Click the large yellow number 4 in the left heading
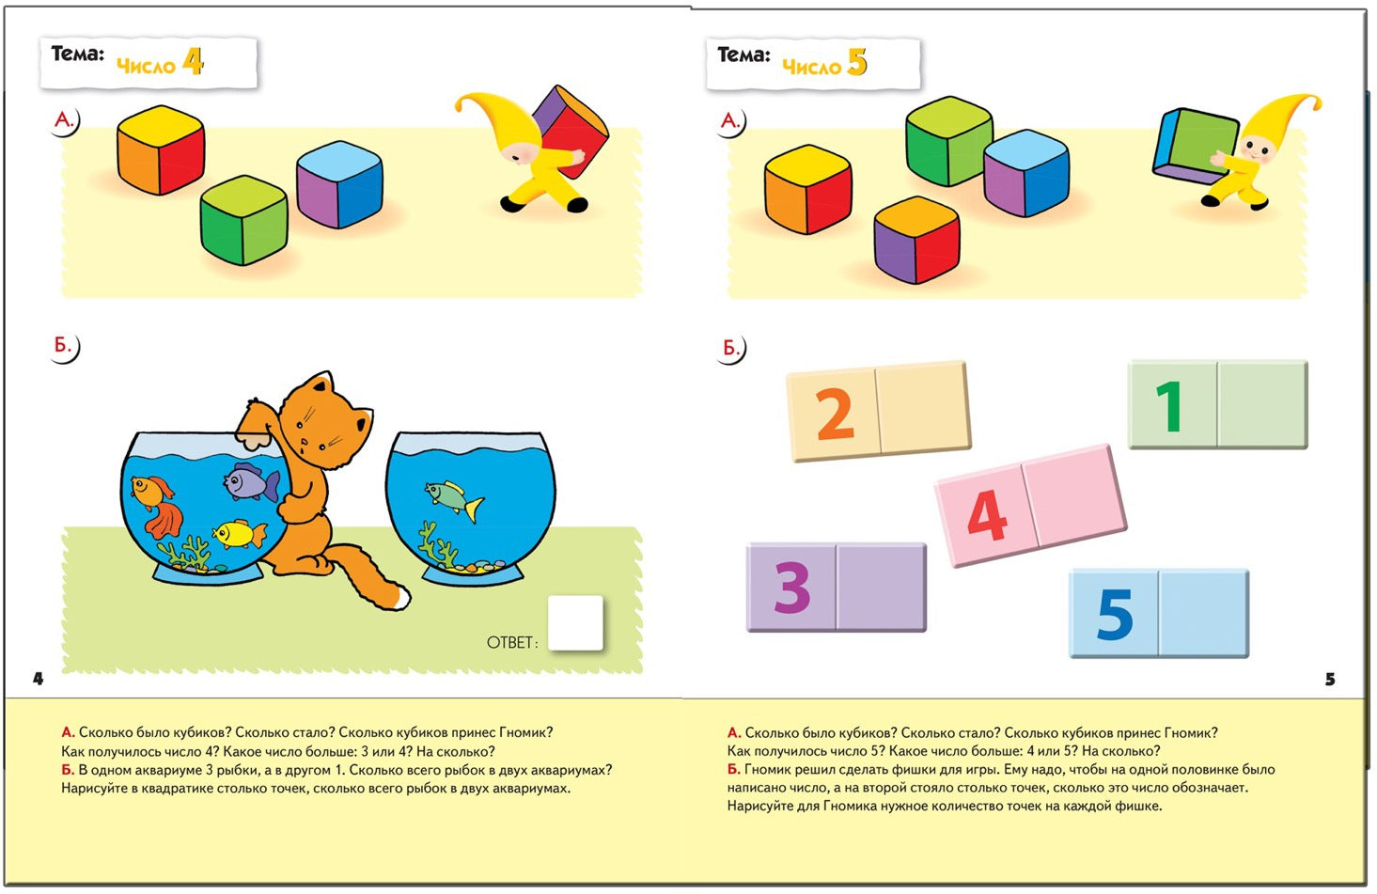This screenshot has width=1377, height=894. click(193, 61)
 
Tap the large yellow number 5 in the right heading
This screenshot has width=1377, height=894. click(857, 62)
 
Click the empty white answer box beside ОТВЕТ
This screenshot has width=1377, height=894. click(575, 623)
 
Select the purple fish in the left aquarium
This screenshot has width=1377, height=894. click(251, 481)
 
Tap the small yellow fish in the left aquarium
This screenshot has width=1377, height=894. click(239, 533)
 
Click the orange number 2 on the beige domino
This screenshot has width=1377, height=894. click(835, 415)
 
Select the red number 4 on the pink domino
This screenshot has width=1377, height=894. click(987, 515)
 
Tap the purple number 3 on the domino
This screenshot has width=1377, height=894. click(792, 588)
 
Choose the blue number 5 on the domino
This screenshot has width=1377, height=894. click(1115, 614)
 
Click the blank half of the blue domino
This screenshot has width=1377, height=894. click(1204, 614)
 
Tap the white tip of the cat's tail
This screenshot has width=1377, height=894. click(401, 598)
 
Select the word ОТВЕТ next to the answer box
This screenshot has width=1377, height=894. click(509, 642)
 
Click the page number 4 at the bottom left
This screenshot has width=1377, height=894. click(39, 679)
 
